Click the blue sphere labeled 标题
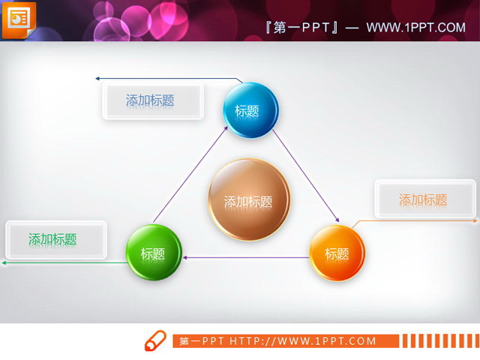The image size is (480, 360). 250,110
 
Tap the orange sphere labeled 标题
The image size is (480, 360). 337,253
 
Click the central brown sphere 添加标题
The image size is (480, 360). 248,200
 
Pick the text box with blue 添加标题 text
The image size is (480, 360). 152,100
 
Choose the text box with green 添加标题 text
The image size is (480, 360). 55,239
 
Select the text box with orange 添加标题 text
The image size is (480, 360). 424,199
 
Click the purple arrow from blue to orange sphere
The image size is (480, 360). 305,175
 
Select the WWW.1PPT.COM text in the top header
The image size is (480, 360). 416,28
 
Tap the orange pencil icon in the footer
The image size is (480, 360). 155,340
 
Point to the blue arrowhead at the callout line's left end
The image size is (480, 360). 97,77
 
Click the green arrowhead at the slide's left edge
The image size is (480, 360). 4,262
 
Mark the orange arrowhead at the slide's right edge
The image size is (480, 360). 475,221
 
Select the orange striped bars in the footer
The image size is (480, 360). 439,341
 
